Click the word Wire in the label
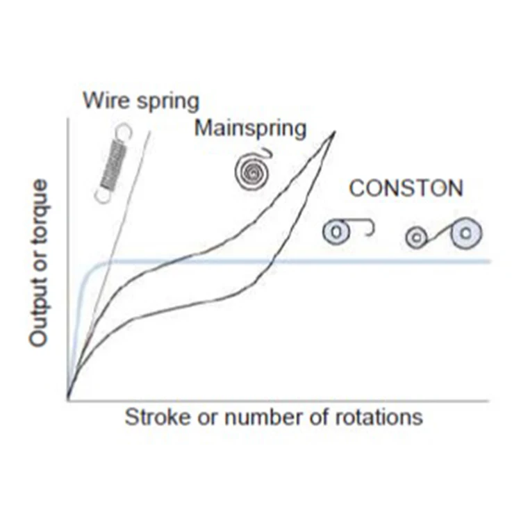coord(101,101)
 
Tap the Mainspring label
coord(250,129)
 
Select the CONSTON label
coord(406,188)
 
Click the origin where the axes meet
coord(68,400)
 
